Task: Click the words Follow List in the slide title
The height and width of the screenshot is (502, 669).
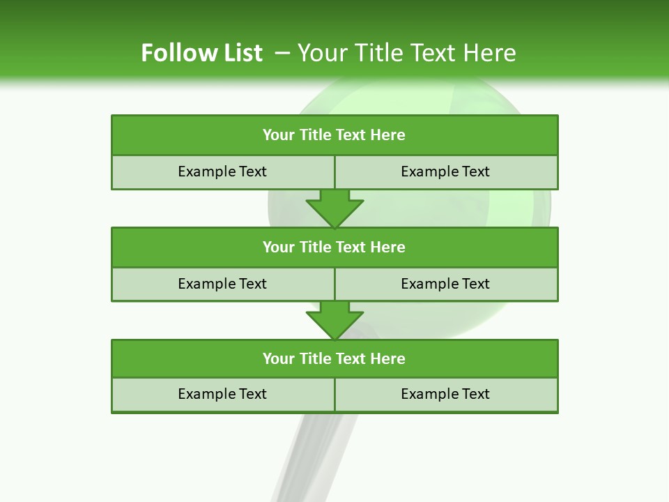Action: point(201,53)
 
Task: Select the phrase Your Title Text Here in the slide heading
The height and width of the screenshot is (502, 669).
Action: point(406,53)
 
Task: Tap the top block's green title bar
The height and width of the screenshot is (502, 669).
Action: point(334,135)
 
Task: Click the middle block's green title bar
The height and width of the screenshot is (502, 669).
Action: point(334,247)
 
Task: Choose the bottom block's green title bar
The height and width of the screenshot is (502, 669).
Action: point(334,358)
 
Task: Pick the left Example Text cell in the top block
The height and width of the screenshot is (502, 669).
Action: point(222,172)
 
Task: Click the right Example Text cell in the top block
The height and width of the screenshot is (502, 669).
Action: point(445,172)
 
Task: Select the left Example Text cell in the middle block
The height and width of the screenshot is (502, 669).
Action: point(222,284)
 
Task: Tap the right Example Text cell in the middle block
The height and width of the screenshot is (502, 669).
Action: point(445,284)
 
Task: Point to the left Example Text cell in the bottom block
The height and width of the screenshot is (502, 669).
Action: point(222,394)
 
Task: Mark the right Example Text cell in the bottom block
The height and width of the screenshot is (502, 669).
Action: point(445,394)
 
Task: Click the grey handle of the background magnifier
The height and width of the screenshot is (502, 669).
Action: point(307,453)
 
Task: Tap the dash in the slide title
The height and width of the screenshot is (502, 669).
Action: point(282,53)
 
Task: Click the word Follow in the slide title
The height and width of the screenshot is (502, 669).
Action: point(174,53)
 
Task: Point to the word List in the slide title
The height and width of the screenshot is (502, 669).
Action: point(238,53)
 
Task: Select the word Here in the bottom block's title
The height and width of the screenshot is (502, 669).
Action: point(387,358)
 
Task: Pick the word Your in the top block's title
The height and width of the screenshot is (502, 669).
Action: point(279,135)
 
